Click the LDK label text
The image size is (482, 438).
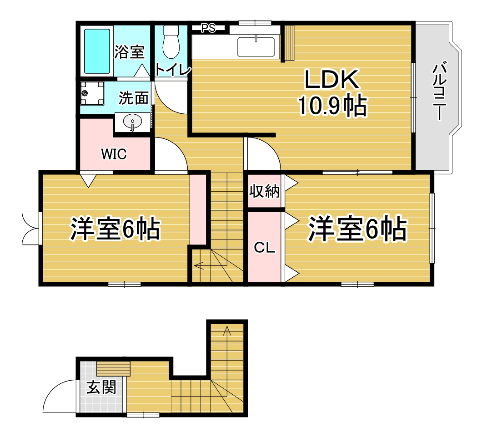(331, 79)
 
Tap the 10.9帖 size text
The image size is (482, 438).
(332, 106)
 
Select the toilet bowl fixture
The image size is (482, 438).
(171, 41)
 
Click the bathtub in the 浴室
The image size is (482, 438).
(97, 51)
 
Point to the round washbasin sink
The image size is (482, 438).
(132, 122)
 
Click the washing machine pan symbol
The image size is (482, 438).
(92, 92)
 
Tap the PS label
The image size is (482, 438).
(208, 28)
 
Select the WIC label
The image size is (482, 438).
(114, 154)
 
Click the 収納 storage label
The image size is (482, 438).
(264, 191)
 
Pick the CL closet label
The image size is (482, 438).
(264, 248)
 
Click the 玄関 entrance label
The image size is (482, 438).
(101, 387)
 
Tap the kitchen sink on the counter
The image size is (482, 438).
(256, 47)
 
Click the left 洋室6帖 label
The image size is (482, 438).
(115, 229)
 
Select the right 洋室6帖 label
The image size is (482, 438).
(357, 229)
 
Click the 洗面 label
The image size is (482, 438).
(134, 98)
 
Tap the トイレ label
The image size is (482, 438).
(173, 70)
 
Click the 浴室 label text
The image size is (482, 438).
(129, 52)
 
